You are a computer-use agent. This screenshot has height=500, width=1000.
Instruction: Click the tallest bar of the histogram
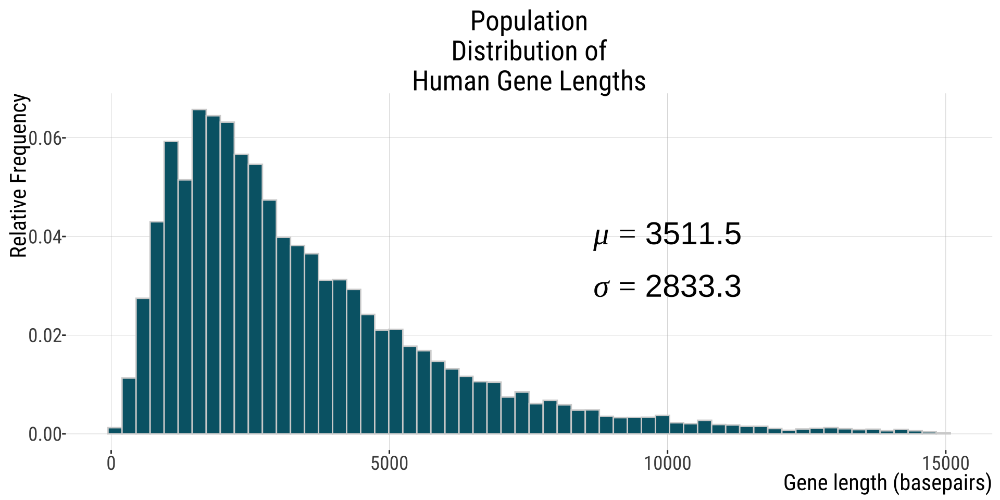point(199,271)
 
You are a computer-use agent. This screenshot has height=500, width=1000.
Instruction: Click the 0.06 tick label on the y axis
point(45,139)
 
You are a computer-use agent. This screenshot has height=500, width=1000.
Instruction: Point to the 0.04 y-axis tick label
point(45,237)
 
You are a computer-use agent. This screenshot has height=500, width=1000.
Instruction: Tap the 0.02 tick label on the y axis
point(45,335)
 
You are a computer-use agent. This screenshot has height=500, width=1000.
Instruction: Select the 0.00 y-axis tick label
point(45,434)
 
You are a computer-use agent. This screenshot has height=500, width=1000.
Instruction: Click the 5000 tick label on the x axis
point(390,463)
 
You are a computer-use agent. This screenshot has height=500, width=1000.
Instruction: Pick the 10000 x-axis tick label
point(668,463)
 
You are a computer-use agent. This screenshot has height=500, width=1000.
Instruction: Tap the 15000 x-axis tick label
point(946,463)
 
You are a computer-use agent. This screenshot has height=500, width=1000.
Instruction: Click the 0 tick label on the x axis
point(111,463)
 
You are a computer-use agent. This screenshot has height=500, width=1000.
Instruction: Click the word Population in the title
point(529,22)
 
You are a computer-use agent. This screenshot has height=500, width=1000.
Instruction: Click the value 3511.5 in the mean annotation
point(693,234)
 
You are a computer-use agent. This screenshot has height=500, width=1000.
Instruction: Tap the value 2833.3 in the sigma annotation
point(693,287)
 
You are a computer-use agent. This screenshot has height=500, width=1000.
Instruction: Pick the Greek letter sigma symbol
point(601,288)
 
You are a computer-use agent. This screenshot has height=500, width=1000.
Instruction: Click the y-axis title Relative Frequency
point(19,176)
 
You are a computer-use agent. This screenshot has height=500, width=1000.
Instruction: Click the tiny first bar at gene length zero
point(115,430)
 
